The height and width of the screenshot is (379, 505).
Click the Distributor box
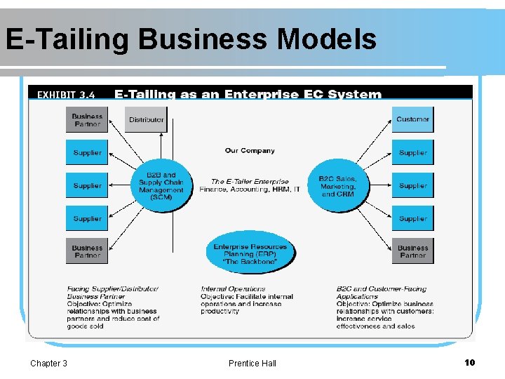pyautogui.click(x=146, y=120)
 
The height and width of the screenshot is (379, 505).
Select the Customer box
pyautogui.click(x=412, y=120)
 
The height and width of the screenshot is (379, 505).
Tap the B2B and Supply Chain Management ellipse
pyautogui.click(x=161, y=186)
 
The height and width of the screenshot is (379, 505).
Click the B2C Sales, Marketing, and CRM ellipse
pyautogui.click(x=338, y=186)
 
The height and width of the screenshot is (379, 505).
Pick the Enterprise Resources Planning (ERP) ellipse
pyautogui.click(x=250, y=253)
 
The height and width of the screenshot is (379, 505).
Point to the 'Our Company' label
pyautogui.click(x=250, y=150)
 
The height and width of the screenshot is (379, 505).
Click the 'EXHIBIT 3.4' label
pyautogui.click(x=66, y=94)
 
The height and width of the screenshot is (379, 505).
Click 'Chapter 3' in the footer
pyautogui.click(x=48, y=363)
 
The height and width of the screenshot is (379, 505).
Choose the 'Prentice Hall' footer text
pyautogui.click(x=252, y=363)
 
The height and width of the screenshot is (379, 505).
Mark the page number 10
pyautogui.click(x=469, y=362)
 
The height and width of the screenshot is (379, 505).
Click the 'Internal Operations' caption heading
pyautogui.click(x=233, y=288)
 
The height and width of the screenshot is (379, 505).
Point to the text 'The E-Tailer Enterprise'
pyautogui.click(x=250, y=181)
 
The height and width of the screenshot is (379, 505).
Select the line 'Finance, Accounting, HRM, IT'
pyautogui.click(x=250, y=189)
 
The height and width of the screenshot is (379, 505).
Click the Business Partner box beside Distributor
pyautogui.click(x=87, y=120)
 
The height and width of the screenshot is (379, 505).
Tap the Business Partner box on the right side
pyautogui.click(x=412, y=251)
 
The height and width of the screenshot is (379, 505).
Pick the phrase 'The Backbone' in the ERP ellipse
pyautogui.click(x=250, y=262)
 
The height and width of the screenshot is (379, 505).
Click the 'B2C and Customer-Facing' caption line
pyautogui.click(x=381, y=288)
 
